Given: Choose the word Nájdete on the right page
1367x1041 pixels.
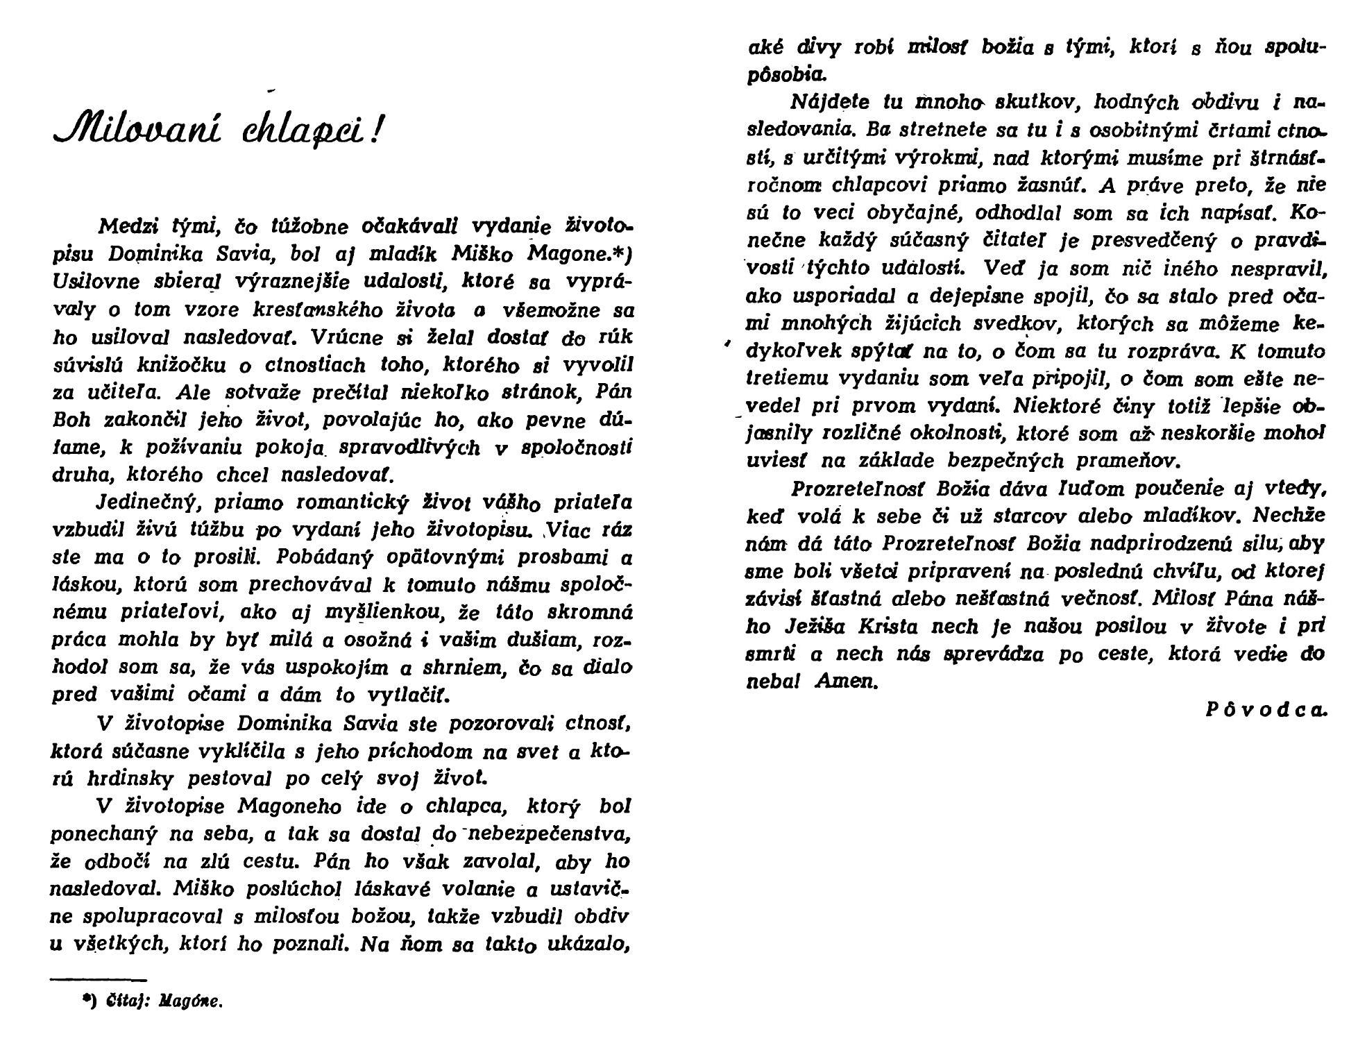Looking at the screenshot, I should (x=830, y=103).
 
